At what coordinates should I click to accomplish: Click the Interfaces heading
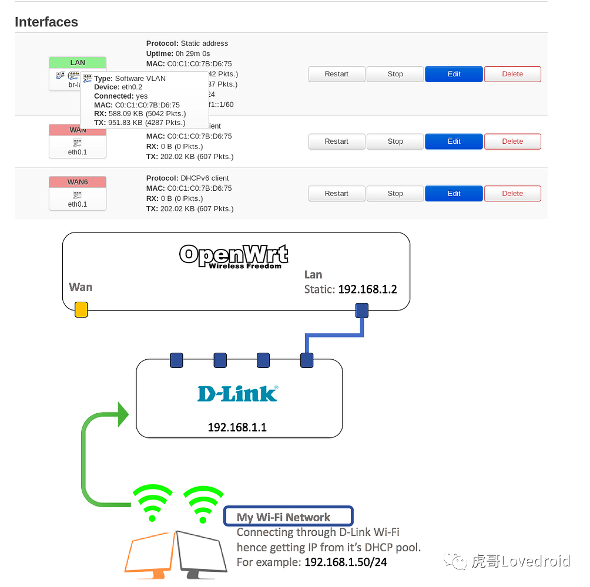[46, 22]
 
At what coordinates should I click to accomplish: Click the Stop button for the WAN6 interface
[395, 194]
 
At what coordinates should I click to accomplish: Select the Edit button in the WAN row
[454, 141]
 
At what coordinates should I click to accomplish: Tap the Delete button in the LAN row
[512, 74]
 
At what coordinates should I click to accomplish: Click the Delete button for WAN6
[512, 194]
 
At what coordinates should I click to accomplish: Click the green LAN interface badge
[78, 63]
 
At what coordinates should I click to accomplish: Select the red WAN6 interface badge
[78, 183]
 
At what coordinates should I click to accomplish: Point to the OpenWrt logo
[234, 256]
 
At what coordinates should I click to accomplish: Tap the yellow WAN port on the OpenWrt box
[81, 309]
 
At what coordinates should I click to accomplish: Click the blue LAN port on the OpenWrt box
[361, 310]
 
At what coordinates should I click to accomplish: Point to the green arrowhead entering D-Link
[123, 414]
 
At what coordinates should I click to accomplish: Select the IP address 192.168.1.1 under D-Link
[237, 427]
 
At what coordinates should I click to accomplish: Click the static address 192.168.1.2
[367, 289]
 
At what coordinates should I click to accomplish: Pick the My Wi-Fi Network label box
[288, 517]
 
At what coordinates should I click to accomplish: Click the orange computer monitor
[150, 552]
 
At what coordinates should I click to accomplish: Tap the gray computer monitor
[202, 552]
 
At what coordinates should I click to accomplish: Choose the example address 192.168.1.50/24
[346, 562]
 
